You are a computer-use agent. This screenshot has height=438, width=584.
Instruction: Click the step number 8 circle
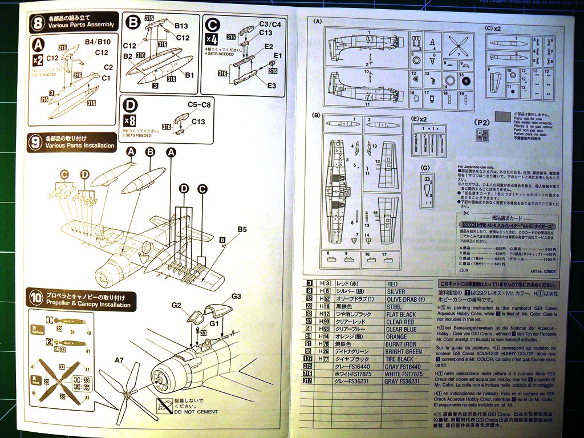pos(37,23)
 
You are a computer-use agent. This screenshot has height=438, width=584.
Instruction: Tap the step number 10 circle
pos(36,298)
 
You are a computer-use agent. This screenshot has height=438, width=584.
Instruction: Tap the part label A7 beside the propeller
pos(119,360)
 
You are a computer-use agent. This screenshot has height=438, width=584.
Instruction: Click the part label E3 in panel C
pos(272,85)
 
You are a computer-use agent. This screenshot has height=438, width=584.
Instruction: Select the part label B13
pos(181,26)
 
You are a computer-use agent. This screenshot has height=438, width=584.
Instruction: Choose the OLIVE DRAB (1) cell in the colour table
pos(405,299)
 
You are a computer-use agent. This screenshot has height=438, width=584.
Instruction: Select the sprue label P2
pos(482,122)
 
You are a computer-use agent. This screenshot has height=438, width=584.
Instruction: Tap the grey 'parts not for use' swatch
pos(503,117)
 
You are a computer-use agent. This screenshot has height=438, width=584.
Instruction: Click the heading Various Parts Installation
pos(80,146)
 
